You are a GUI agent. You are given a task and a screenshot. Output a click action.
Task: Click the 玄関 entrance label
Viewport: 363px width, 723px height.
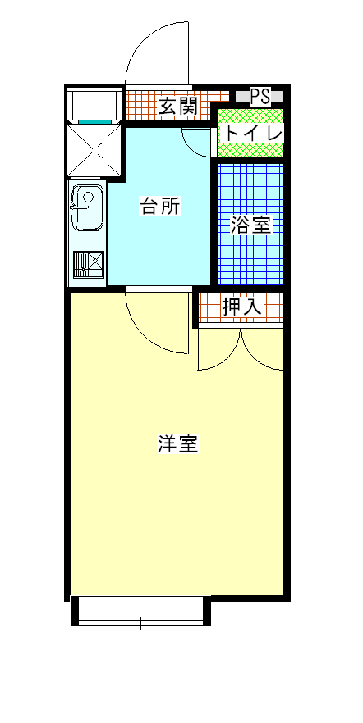point(179,107)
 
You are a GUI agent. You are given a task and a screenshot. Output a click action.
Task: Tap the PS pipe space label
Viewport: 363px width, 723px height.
point(260,97)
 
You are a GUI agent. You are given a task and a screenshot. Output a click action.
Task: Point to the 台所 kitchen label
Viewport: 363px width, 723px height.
point(160,206)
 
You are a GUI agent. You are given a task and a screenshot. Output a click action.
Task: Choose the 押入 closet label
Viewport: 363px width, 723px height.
point(242,307)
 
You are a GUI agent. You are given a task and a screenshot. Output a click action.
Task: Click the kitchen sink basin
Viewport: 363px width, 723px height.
point(87,207)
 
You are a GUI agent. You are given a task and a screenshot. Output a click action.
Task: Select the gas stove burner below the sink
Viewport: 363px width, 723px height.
point(88,265)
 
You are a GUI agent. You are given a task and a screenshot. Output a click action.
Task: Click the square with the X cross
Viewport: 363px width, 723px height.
point(94,149)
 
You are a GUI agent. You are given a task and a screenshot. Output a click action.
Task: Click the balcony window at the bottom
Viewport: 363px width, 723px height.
point(141,611)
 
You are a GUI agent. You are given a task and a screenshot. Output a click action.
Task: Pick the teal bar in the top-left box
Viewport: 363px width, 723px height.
point(94,121)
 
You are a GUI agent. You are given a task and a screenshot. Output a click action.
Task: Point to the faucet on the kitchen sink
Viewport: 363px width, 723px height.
point(80,207)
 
